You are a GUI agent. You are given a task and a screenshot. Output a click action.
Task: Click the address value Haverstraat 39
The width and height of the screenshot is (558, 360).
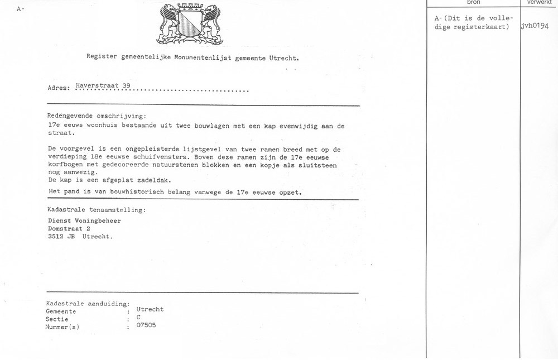click(103, 85)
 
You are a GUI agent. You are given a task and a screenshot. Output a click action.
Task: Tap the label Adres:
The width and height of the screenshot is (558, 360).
click(59, 88)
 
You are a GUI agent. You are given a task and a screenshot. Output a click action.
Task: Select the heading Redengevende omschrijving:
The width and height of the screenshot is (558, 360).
click(96, 116)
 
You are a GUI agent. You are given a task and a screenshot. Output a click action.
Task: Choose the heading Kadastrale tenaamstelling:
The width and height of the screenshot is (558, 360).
click(97, 210)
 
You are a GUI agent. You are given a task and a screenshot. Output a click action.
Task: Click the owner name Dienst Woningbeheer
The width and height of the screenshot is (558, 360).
click(84, 220)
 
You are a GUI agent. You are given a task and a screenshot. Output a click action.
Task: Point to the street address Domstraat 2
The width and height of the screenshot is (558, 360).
click(69, 228)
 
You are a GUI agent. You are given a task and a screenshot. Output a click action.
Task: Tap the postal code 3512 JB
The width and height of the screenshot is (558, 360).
click(62, 236)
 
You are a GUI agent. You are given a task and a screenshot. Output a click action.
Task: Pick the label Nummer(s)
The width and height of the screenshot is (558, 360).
click(62, 327)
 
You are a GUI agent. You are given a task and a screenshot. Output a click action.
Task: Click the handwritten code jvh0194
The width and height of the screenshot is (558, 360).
click(538, 26)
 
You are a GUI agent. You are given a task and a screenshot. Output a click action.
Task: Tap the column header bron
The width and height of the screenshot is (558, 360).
click(473, 2)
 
